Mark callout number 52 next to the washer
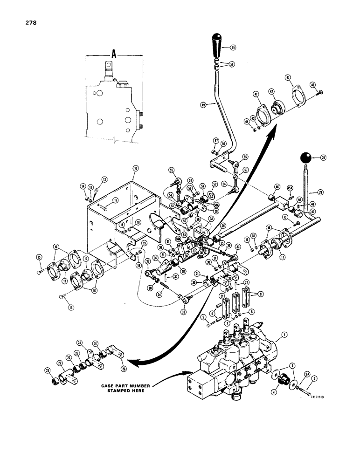pos(215,184)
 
